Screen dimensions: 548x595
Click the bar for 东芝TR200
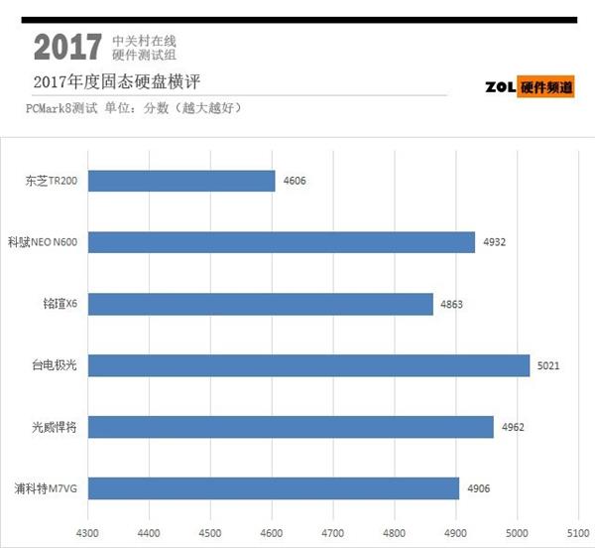click(x=181, y=181)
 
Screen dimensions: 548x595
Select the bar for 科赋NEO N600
click(x=282, y=242)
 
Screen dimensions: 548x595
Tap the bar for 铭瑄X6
click(x=261, y=304)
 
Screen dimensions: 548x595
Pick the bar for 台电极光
click(x=308, y=365)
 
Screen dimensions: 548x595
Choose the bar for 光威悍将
click(x=291, y=427)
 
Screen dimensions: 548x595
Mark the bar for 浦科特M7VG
click(x=274, y=488)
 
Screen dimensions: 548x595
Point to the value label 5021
click(x=548, y=365)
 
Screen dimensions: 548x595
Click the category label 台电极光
click(x=56, y=365)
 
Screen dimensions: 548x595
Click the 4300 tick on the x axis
click(x=88, y=530)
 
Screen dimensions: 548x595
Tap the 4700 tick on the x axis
click(x=333, y=530)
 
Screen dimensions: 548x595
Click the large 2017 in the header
click(x=67, y=46)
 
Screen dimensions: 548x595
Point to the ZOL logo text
click(x=502, y=87)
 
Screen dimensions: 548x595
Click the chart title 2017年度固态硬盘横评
click(x=122, y=81)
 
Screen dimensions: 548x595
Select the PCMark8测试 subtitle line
click(x=134, y=107)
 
